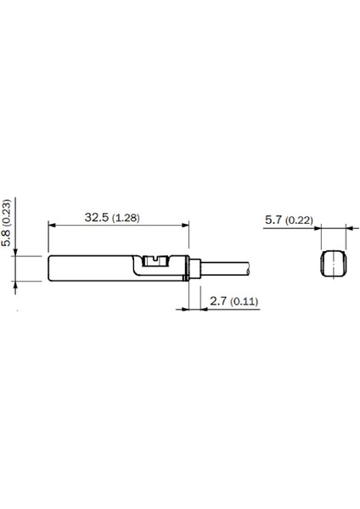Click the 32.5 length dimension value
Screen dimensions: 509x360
97,217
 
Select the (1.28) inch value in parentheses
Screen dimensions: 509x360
126,217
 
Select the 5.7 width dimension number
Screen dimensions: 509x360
273,221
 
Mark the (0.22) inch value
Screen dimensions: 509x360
300,221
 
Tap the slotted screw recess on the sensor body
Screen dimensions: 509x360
155,260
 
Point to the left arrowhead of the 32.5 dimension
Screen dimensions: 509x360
53,227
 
